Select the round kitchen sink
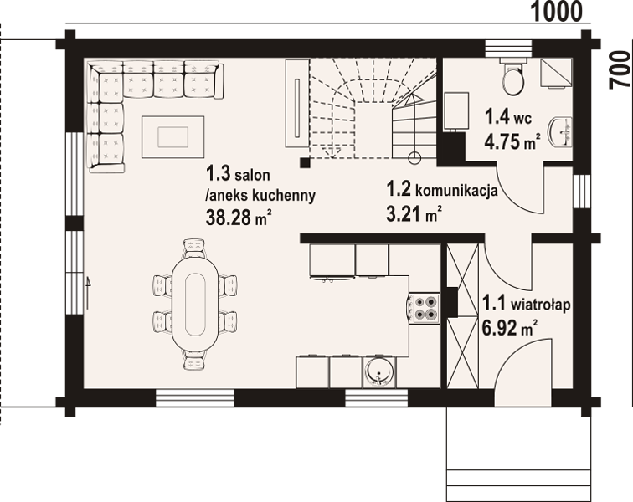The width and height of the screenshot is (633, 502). (x=378, y=371)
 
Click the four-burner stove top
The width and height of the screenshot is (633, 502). (x=425, y=308)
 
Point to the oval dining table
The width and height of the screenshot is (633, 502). (x=195, y=304)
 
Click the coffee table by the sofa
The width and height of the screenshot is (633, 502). (x=172, y=137)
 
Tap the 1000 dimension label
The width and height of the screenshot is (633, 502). (x=557, y=12)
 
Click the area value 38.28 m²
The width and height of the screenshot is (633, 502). (x=238, y=217)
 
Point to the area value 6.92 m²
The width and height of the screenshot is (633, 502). (x=509, y=327)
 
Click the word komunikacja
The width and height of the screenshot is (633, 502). (x=456, y=190)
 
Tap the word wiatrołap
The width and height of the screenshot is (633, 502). (x=541, y=305)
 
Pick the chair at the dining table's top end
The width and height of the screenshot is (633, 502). (x=194, y=248)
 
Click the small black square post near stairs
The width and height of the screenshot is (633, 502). (x=305, y=161)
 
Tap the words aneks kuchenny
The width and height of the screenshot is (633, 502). (x=260, y=196)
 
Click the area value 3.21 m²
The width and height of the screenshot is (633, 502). (x=413, y=213)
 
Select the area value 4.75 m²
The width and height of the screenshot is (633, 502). (x=512, y=141)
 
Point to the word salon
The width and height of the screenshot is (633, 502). (x=253, y=176)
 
